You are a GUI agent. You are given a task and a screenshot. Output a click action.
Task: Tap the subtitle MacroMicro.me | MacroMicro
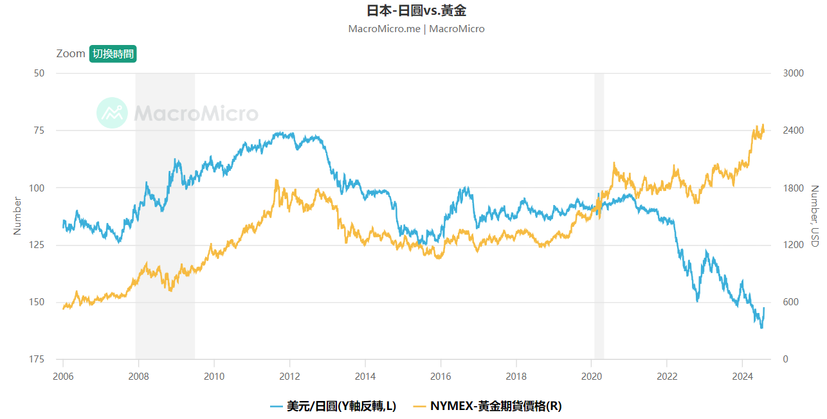coord(416,29)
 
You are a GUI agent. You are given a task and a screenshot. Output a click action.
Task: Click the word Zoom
coord(71,54)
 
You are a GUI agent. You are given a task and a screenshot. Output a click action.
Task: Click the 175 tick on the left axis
coord(36,359)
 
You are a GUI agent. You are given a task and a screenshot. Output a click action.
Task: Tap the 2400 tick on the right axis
coord(793,130)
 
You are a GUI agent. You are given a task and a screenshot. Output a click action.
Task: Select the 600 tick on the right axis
coord(790,302)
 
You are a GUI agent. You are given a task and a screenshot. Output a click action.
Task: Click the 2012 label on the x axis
coord(289,376)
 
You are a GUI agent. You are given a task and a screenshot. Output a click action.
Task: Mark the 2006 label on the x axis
coord(63,376)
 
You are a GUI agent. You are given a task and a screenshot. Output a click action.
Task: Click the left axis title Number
coord(18,216)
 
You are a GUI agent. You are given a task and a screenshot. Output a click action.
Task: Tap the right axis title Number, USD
coord(814,216)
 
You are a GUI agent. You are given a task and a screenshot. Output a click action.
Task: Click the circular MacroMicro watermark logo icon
coord(113,113)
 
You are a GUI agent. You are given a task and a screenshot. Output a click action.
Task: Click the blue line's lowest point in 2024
coord(761,328)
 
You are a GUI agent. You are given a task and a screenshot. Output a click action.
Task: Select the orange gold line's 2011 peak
coord(277,181)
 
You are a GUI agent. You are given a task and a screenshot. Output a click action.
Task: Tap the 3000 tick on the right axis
coord(793,73)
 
